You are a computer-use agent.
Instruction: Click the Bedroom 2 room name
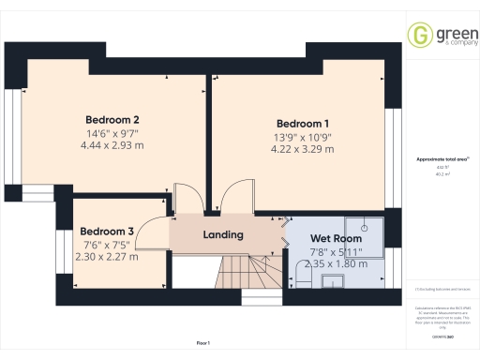[112, 120]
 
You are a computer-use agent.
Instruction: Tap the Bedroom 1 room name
[303, 124]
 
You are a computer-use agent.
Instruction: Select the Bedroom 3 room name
[106, 232]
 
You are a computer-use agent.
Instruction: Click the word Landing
[223, 234]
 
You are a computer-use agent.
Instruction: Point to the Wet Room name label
[336, 239]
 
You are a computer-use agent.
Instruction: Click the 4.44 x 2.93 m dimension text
[112, 145]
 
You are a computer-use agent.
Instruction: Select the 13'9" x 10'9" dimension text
[302, 137]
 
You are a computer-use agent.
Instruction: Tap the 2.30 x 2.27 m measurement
[106, 256]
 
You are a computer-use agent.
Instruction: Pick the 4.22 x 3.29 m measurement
[301, 149]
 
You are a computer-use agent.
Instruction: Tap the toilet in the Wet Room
[298, 275]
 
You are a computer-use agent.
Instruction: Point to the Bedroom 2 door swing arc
[187, 200]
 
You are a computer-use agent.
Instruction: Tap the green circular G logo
[418, 35]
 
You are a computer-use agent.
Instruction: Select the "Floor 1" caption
[203, 345]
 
